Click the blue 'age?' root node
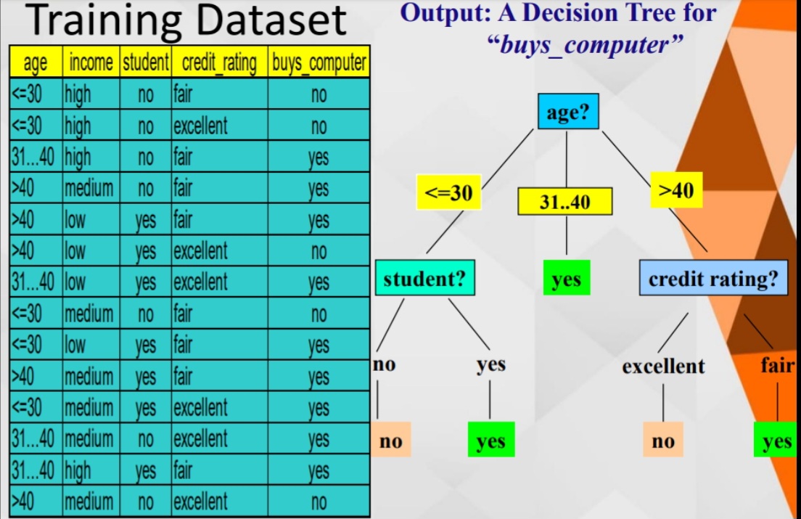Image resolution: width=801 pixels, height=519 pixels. tap(568, 113)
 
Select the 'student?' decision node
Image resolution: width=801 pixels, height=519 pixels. tap(424, 278)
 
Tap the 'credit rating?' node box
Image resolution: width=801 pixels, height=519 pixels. tap(713, 279)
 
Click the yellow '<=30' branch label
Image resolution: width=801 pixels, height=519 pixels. tap(448, 192)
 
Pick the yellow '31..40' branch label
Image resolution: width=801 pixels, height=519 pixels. tap(564, 202)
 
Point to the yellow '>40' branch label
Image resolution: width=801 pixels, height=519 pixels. tap(675, 190)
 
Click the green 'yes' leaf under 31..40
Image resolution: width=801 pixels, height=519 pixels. tap(566, 279)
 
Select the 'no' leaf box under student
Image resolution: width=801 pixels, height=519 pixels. tap(391, 440)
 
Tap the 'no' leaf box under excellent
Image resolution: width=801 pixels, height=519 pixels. tap(663, 440)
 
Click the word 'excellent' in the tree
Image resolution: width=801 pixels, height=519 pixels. tap(663, 367)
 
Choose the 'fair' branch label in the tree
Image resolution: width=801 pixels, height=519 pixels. tap(777, 365)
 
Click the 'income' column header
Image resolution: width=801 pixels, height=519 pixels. tap(91, 63)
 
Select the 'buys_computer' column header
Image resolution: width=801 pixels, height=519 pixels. tap(319, 63)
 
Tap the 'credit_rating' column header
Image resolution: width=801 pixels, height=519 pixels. tap(219, 63)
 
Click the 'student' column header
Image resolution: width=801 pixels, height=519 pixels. tap(145, 63)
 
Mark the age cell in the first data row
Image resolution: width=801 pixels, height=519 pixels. tap(36, 94)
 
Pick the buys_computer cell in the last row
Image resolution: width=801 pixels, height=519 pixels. tap(319, 502)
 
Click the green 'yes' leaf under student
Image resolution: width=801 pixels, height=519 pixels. tap(490, 440)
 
